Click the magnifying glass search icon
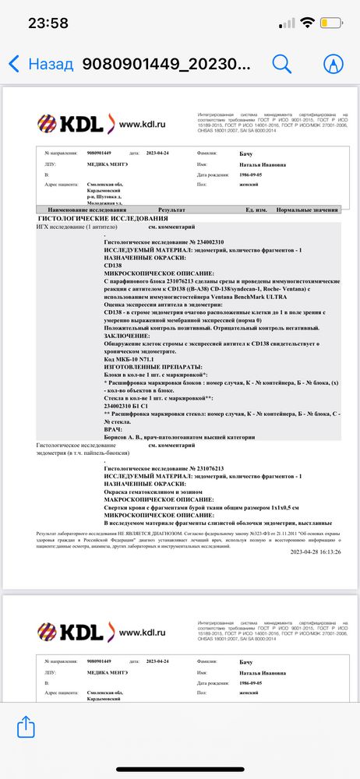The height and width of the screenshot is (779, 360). click(x=281, y=63)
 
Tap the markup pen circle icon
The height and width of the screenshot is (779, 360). click(x=334, y=63)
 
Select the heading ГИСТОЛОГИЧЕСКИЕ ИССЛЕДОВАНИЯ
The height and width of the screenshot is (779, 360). click(x=93, y=219)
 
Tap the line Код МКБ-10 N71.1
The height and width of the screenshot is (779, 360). click(x=135, y=357)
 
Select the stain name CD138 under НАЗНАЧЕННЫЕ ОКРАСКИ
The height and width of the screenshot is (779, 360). click(x=114, y=265)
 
